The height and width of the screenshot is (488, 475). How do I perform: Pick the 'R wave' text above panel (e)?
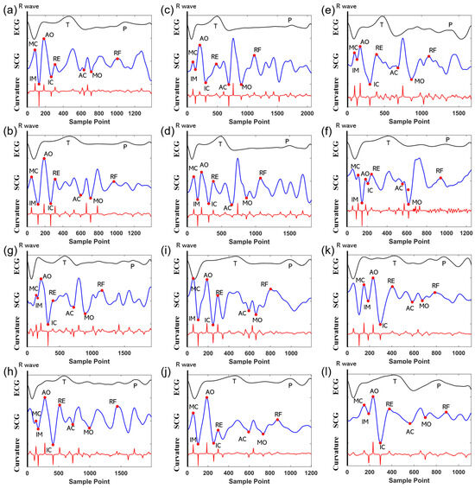(345, 6)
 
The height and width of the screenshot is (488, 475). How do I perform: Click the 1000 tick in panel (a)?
(117, 113)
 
